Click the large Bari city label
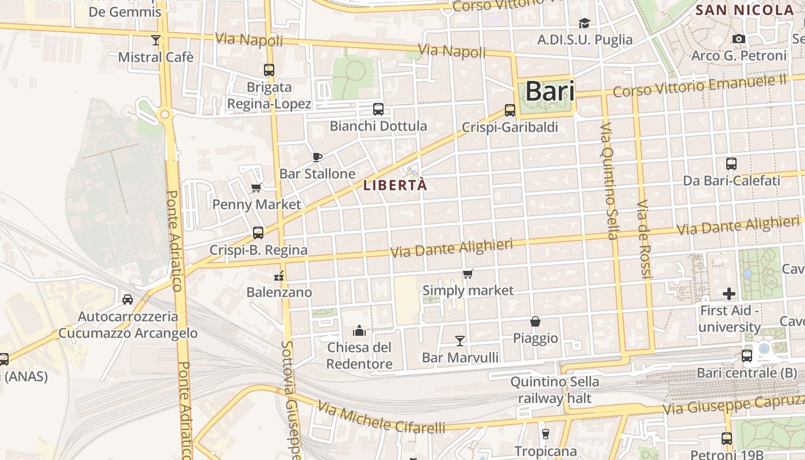pyautogui.click(x=550, y=91)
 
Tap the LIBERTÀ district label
pyautogui.click(x=396, y=185)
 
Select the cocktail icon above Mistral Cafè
pyautogui.click(x=155, y=40)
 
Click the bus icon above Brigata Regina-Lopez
pyautogui.click(x=269, y=70)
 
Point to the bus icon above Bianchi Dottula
pyautogui.click(x=378, y=109)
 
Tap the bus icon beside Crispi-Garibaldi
pyautogui.click(x=510, y=110)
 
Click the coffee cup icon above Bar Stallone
pyautogui.click(x=317, y=157)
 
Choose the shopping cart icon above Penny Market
pyautogui.click(x=256, y=187)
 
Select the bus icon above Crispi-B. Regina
pyautogui.click(x=258, y=233)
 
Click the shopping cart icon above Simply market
pyautogui.click(x=468, y=274)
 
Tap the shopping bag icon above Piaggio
pyautogui.click(x=535, y=321)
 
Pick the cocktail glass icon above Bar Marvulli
pyautogui.click(x=460, y=340)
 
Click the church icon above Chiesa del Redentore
pyautogui.click(x=359, y=330)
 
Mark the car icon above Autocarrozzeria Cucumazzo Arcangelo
pyautogui.click(x=128, y=299)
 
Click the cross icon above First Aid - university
pyautogui.click(x=729, y=294)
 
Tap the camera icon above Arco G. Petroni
pyautogui.click(x=739, y=39)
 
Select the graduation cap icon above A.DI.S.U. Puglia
pyautogui.click(x=584, y=23)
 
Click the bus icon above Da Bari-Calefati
pyautogui.click(x=731, y=164)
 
